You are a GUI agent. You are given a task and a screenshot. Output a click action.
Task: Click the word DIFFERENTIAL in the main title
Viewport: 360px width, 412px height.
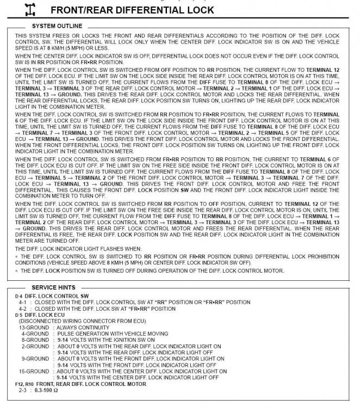[148, 10]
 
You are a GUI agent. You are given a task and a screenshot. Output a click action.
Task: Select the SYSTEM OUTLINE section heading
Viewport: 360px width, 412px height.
[57, 26]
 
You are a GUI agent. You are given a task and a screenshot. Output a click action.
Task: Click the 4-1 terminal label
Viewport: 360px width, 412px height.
[23, 302]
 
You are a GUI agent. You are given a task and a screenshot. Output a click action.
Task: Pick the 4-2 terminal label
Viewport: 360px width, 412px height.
[23, 308]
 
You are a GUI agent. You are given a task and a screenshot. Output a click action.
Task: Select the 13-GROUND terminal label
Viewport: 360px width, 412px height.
[34, 328]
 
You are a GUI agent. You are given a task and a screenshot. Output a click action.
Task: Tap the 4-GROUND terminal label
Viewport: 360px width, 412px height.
[35, 334]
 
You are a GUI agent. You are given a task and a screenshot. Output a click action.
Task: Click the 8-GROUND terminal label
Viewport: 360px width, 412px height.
[35, 340]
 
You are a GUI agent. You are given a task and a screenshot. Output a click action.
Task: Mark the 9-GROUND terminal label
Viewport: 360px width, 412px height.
[35, 359]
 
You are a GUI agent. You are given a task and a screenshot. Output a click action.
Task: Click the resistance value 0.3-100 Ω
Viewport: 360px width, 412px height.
[48, 390]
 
